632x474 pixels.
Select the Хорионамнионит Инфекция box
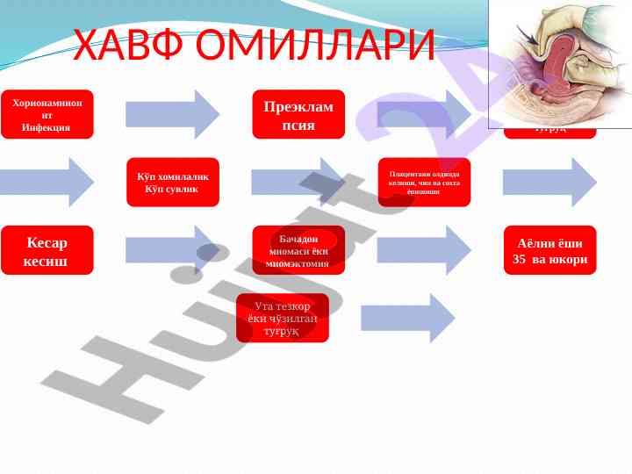click(x=47, y=114)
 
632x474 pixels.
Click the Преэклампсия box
click(x=298, y=114)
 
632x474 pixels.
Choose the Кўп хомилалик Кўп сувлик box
click(x=172, y=182)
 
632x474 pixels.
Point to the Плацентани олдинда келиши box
click(x=424, y=182)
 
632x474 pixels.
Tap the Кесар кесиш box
click(x=47, y=250)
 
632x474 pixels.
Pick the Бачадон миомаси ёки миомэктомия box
click(x=298, y=250)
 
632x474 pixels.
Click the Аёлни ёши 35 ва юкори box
click(x=549, y=250)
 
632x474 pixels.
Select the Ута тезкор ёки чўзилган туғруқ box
click(x=282, y=318)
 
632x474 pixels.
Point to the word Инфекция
click(x=47, y=127)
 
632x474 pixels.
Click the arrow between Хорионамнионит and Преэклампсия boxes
click(x=172, y=114)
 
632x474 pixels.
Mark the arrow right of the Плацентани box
click(x=549, y=182)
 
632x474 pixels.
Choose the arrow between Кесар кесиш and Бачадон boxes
click(x=172, y=250)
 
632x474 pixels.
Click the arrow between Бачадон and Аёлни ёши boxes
click(x=424, y=250)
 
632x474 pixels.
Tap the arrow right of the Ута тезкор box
click(x=407, y=318)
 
